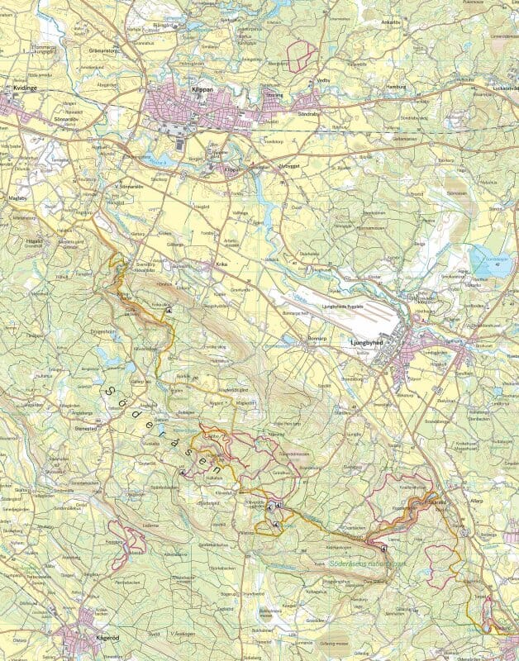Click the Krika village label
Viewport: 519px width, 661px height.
click(221, 264)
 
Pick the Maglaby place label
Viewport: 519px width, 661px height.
click(19, 197)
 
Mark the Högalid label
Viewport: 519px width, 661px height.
click(34, 241)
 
